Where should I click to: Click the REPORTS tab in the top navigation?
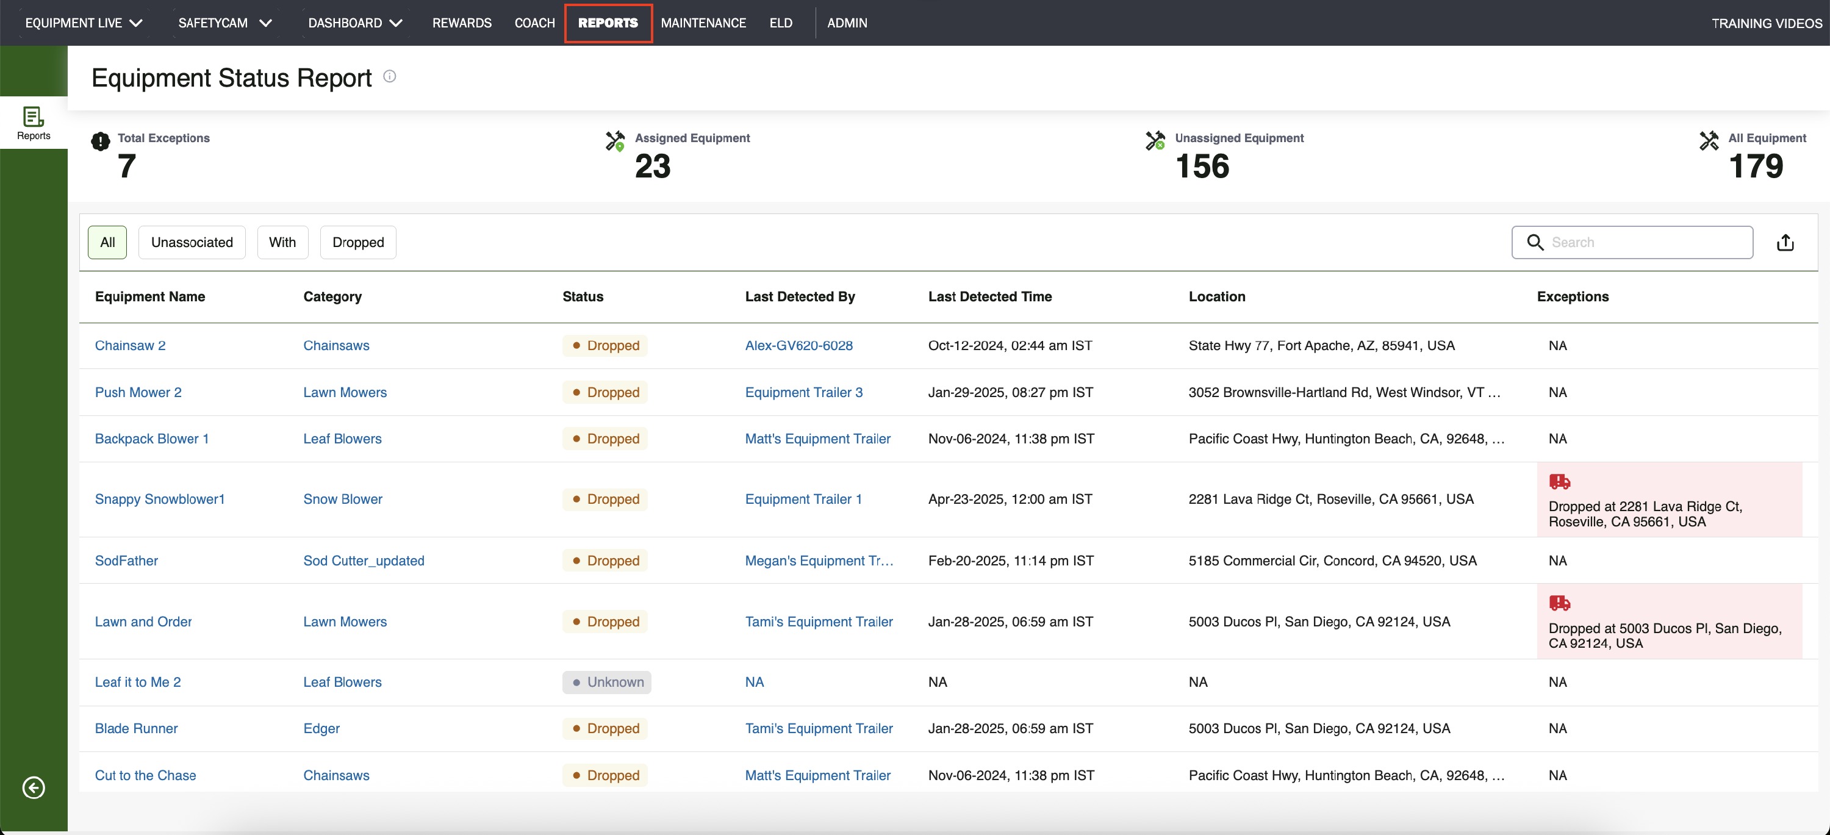click(x=608, y=23)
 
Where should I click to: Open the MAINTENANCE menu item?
click(x=703, y=23)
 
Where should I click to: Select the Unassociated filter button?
click(x=192, y=242)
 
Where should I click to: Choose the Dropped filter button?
click(x=358, y=242)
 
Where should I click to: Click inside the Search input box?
click(x=1641, y=242)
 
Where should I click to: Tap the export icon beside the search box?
click(x=1785, y=243)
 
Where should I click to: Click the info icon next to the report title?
click(x=389, y=76)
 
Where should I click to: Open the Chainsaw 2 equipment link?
click(x=130, y=346)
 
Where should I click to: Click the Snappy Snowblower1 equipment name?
click(x=160, y=499)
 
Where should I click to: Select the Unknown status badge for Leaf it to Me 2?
click(x=607, y=683)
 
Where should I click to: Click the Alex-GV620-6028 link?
click(x=798, y=346)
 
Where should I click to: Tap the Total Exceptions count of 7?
click(x=126, y=166)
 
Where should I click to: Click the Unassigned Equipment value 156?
click(x=1202, y=166)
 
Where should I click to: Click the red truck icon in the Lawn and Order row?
click(x=1559, y=603)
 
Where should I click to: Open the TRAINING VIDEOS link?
click(x=1767, y=23)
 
